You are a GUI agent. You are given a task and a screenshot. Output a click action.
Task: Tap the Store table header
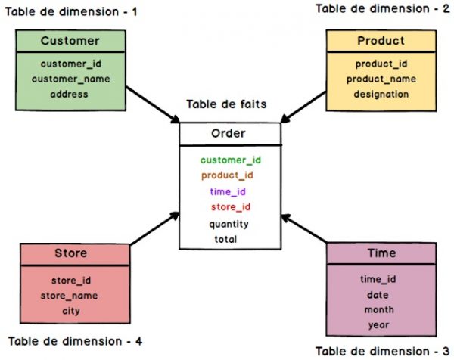pos(71,253)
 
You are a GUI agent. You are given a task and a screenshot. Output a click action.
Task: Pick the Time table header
pos(382,253)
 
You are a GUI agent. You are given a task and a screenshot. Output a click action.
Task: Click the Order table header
pos(229,134)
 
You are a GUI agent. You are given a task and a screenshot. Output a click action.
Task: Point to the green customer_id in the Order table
pos(231,160)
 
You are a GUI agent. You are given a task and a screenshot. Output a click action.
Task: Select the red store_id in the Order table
pos(231,206)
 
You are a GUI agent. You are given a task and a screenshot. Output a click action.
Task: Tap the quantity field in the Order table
pos(229,223)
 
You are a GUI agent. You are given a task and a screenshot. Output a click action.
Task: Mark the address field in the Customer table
pos(70,94)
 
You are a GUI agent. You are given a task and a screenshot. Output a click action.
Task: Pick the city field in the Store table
pos(70,310)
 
